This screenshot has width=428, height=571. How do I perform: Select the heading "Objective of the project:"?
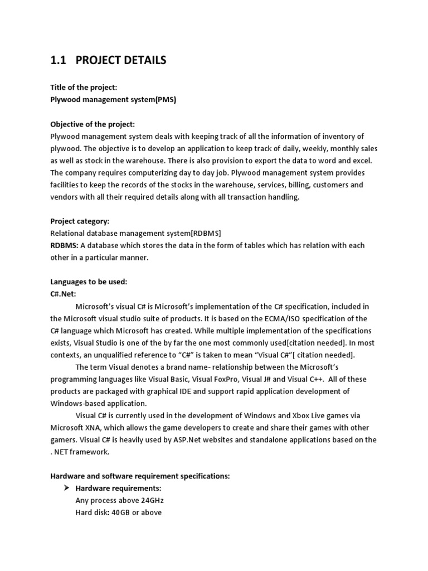(x=93, y=124)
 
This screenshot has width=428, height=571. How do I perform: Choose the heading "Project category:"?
(x=80, y=221)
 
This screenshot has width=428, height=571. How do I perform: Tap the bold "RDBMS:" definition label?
(x=65, y=245)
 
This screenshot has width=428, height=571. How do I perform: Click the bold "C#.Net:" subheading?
(x=63, y=294)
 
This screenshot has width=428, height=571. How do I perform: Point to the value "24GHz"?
(x=149, y=500)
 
